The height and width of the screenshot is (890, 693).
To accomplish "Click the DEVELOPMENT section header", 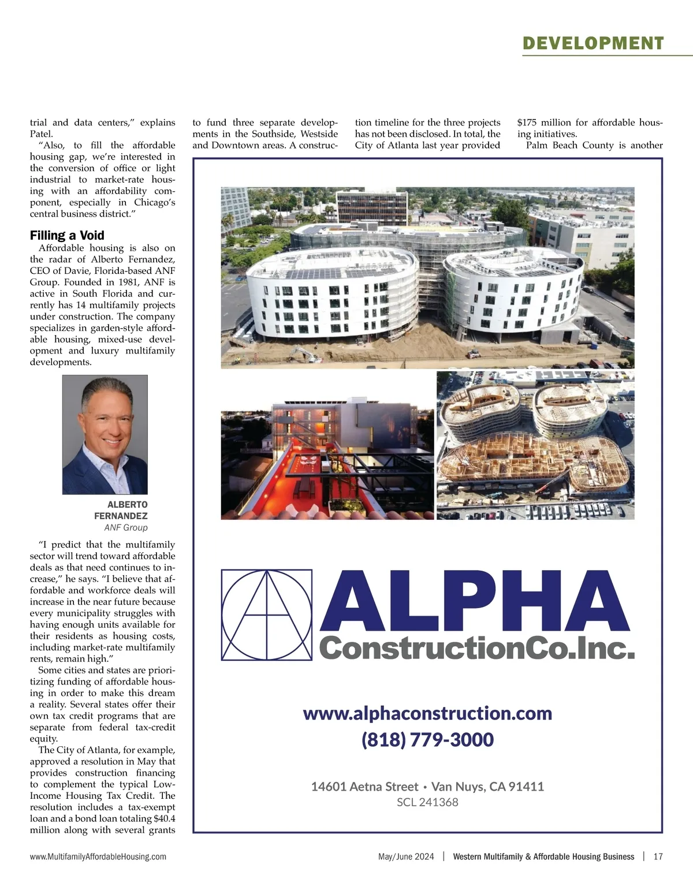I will point(593,43).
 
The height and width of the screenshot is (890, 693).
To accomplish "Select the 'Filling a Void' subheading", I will point(67,235).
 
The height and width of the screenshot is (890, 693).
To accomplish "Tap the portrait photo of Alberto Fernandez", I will point(105,434).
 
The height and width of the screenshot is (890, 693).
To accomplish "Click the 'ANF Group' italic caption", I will point(126,527).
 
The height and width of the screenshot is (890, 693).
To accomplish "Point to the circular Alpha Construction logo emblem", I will point(267,615).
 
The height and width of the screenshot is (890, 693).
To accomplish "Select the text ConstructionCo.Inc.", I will point(476,648).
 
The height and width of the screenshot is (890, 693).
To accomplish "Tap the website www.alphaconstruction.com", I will point(427,713).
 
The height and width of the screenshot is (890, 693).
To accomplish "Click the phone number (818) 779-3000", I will point(427,740).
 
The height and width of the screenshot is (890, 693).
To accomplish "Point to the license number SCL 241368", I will point(427,802).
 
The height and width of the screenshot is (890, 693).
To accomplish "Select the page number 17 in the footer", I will point(658,857).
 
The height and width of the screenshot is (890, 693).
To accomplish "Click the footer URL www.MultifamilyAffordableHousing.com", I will point(98,857).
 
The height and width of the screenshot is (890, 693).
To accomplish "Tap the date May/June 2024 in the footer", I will point(406,857).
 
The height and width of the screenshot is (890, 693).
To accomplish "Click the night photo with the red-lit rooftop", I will point(327,457).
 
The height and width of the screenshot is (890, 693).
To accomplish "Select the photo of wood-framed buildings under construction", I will point(535,445).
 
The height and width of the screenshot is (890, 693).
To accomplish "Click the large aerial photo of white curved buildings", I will point(427,277).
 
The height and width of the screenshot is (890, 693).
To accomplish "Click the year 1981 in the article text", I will point(135,282).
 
